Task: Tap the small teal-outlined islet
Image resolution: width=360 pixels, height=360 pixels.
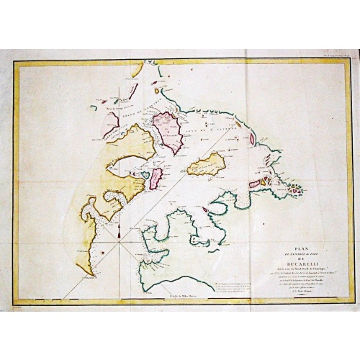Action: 145,176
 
